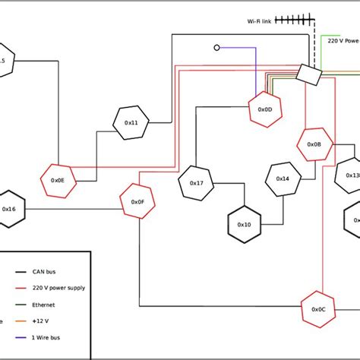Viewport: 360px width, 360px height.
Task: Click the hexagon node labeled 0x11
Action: click(131, 122)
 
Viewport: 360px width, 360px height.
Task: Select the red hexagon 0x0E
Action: click(58, 180)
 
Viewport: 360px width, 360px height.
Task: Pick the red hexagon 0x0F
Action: click(137, 201)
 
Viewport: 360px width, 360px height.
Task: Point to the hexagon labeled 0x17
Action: click(196, 183)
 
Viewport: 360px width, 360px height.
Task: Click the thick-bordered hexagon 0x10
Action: click(244, 225)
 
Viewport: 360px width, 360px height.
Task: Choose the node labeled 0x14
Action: click(283, 179)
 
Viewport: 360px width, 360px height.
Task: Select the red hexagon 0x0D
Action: click(265, 109)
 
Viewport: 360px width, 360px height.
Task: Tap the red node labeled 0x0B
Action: click(314, 144)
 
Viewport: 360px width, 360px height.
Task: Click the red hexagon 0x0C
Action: click(318, 309)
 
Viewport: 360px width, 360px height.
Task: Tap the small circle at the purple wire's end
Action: click(217, 48)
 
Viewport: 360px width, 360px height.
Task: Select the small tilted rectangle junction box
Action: click(308, 74)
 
